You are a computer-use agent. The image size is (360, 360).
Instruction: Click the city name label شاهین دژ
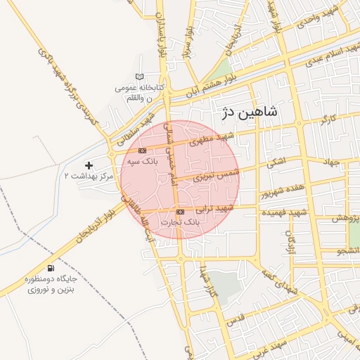250,111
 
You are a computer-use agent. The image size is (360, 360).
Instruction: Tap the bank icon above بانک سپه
143,150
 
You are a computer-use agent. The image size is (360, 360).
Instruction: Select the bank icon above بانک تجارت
181,211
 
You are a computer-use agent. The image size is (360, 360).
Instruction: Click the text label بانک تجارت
181,221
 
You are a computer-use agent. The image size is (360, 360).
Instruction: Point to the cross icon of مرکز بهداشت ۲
89,165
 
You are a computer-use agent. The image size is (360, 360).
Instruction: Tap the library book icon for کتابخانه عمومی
139,77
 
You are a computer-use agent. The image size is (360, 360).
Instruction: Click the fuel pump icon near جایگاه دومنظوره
50,268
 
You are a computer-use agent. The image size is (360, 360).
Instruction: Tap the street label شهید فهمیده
284,212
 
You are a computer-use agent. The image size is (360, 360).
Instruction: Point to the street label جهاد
330,162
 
